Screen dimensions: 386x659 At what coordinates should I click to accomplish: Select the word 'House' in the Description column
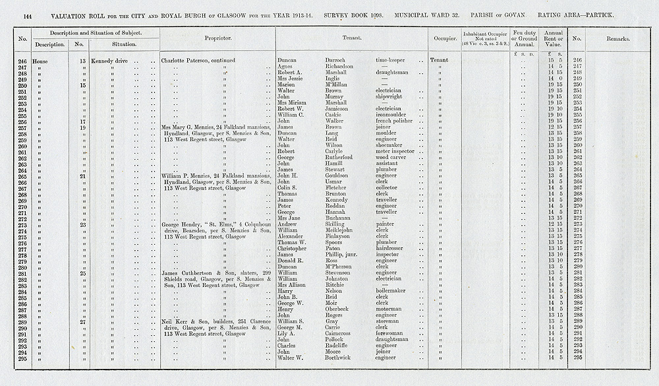coord(40,60)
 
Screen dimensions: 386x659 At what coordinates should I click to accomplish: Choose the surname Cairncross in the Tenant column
coord(343,333)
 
